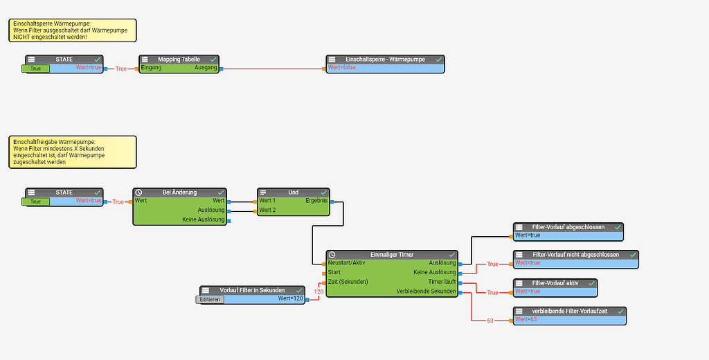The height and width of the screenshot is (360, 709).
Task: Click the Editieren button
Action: tap(210, 300)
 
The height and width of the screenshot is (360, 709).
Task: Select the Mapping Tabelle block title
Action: tap(179, 60)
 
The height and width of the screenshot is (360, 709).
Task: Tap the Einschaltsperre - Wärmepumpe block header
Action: tap(385, 60)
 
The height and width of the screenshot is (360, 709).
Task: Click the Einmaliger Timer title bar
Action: tap(391, 255)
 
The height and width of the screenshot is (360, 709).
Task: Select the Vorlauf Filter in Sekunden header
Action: tap(252, 290)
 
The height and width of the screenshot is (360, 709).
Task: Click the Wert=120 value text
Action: tap(291, 298)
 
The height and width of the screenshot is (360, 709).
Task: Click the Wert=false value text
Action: tap(341, 68)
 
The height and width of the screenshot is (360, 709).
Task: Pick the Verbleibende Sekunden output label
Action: tap(426, 291)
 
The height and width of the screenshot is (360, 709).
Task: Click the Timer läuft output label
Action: tap(442, 282)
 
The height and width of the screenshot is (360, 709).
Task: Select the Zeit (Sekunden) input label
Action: tap(348, 282)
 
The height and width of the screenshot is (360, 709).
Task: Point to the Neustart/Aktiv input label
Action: tap(346, 263)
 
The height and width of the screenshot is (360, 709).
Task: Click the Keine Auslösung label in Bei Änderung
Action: tap(203, 219)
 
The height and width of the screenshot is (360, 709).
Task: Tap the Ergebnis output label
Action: tap(316, 201)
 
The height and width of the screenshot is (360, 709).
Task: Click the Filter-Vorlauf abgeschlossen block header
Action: tap(568, 227)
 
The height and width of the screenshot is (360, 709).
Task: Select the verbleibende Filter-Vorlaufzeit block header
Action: tap(569, 311)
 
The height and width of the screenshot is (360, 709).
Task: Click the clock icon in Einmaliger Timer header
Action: tap(332, 255)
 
